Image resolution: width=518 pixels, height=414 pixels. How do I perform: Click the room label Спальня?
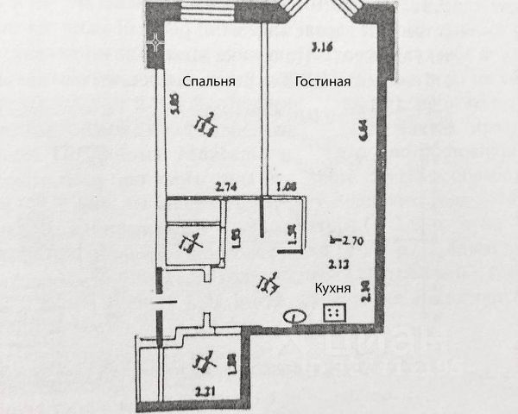coord(208,81)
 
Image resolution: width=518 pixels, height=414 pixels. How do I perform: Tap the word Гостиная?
coord(322,81)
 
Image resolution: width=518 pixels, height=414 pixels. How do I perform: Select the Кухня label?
coord(332,291)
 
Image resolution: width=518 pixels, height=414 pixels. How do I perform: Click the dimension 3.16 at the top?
coord(322,47)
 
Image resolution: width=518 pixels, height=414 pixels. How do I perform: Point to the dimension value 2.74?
coord(225,185)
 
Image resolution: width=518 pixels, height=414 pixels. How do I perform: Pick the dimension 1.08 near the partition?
coord(285,185)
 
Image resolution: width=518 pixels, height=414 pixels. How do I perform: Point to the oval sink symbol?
coord(294,317)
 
